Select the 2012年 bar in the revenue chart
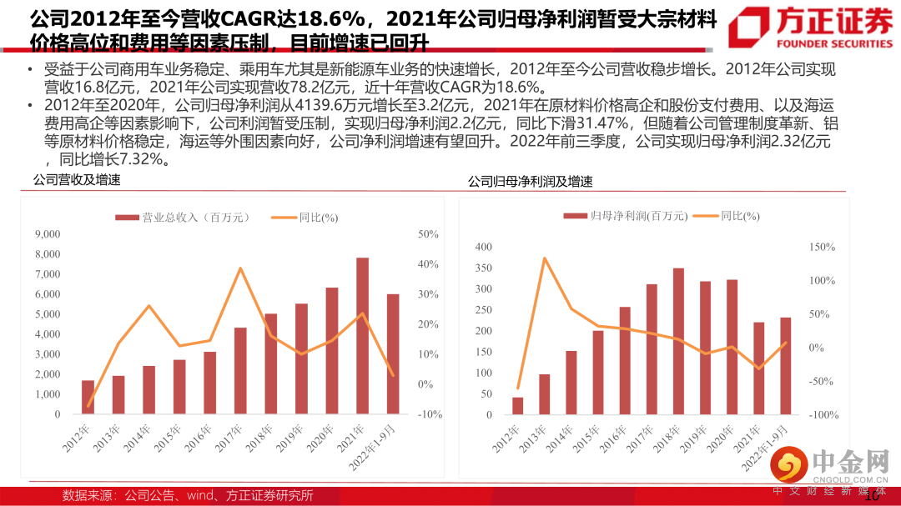[x=88, y=397]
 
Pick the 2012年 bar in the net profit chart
[x=517, y=406]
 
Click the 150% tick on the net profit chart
[x=823, y=248]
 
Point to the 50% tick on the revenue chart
[x=429, y=234]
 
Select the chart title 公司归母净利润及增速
[x=530, y=182]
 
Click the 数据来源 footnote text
[x=188, y=495]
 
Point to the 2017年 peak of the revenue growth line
[x=240, y=268]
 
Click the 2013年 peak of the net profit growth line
[x=544, y=258]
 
